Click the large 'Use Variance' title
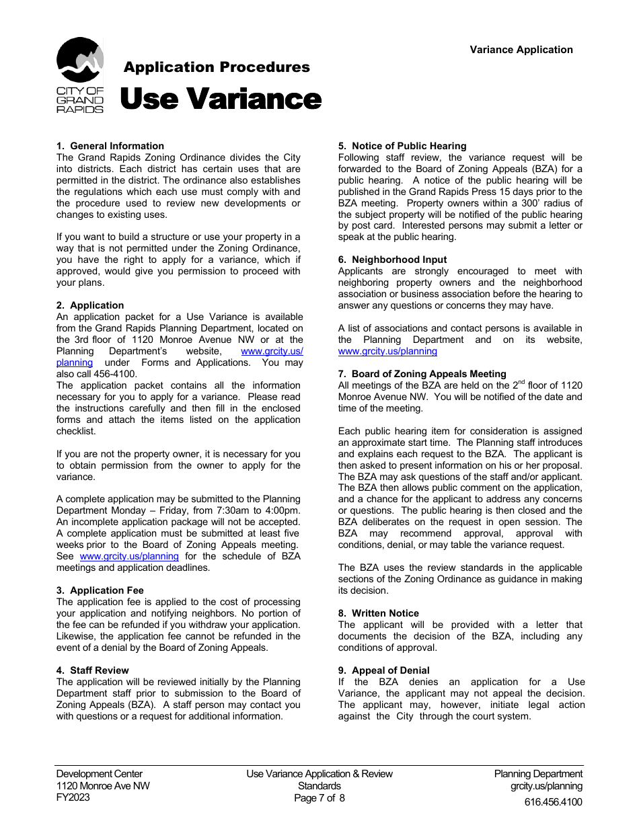click(220, 100)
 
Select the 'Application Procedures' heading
click(217, 67)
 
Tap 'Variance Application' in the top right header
click(521, 50)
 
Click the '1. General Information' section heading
click(110, 146)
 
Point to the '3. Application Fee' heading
click(100, 590)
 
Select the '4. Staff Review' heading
click(93, 670)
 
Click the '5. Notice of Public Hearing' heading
click(402, 146)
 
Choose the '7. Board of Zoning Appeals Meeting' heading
click(422, 374)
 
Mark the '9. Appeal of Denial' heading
click(383, 670)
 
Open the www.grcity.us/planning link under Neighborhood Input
click(387, 351)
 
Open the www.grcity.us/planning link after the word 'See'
click(129, 556)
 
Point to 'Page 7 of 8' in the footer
click(319, 798)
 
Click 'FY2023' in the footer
click(73, 797)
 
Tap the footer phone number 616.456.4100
click(554, 801)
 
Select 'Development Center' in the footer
click(100, 774)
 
